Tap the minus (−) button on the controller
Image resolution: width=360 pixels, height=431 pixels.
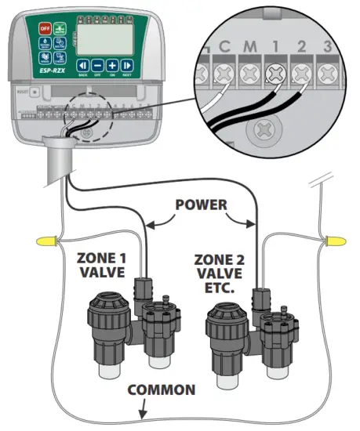pyautogui.click(x=97, y=67)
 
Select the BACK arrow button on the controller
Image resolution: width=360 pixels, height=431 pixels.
pyautogui.click(x=82, y=67)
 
